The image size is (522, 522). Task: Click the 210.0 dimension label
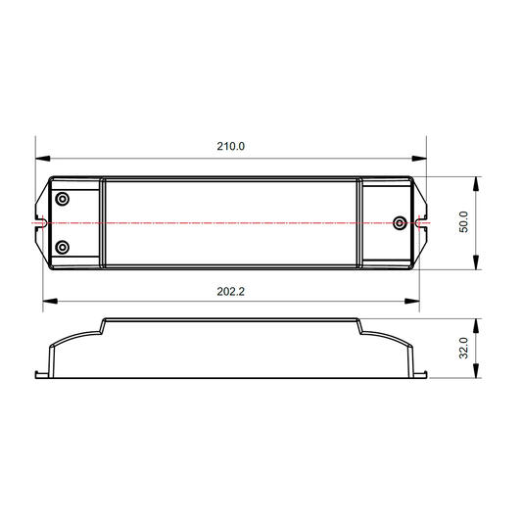(x=231, y=147)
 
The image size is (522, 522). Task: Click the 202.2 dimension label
(x=231, y=292)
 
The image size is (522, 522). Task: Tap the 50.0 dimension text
(x=464, y=222)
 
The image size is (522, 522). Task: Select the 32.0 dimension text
(x=464, y=348)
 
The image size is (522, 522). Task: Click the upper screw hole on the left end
(x=62, y=199)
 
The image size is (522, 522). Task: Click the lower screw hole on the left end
(x=62, y=248)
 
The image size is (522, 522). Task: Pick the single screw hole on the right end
(x=400, y=222)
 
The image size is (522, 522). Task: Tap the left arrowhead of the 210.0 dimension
(x=43, y=159)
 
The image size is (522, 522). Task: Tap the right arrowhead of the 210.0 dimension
(x=419, y=159)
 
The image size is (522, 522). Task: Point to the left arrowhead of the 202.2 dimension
(x=50, y=301)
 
